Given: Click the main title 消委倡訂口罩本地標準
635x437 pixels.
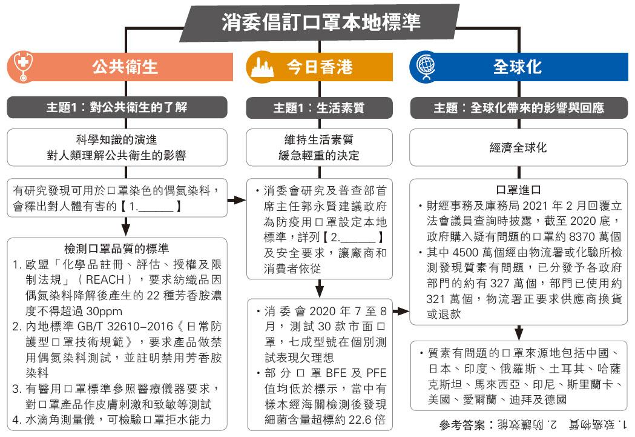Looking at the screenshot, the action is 321,22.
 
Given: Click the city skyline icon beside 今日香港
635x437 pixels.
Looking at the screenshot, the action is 262,67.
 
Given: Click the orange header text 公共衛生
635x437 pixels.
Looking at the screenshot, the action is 125,67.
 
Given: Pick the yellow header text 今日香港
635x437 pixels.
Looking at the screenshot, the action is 320,67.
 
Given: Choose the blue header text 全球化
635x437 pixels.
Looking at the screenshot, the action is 517,67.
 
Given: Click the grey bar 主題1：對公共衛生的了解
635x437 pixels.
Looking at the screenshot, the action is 117,107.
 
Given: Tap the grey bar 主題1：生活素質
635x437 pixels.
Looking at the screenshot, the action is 319,107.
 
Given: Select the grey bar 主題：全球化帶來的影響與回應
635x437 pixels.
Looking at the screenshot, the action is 519,108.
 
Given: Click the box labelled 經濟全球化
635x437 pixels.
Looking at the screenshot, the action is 518,147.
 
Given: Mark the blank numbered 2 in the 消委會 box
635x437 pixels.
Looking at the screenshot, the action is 353,237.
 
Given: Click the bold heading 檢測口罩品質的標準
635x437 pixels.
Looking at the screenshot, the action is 117,249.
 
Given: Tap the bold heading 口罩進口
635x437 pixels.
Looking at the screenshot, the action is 518,190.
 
